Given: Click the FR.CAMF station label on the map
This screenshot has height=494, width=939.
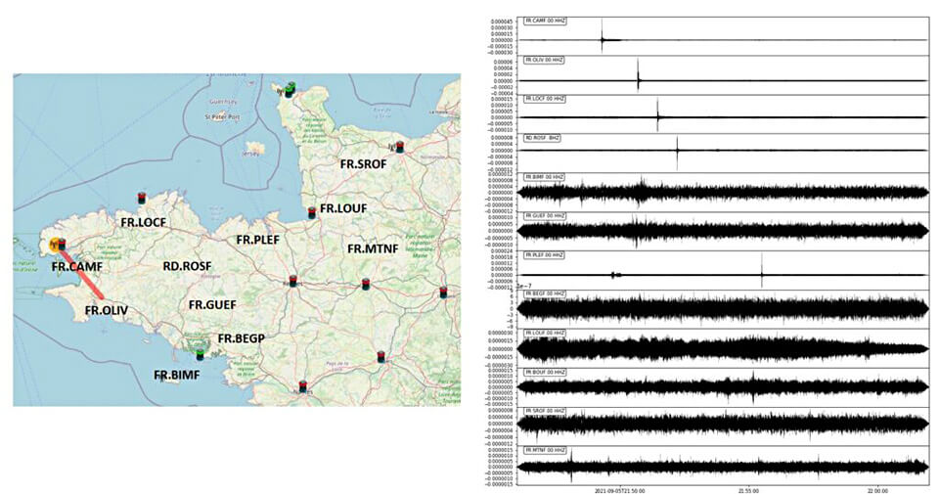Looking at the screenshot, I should [x=77, y=265].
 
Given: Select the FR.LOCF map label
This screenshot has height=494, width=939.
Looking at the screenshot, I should [x=143, y=222].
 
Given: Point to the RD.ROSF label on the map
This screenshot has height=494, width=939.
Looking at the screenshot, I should [x=187, y=266].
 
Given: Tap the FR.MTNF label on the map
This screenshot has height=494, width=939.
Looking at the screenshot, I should [x=373, y=248].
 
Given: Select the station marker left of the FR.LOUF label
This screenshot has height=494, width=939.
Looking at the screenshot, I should [x=312, y=211].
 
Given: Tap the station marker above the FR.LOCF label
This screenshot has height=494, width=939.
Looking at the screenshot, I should [x=141, y=198].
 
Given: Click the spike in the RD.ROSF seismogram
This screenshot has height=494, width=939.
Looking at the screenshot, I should [x=678, y=150].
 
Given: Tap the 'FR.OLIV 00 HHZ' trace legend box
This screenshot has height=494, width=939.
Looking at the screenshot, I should [x=546, y=60].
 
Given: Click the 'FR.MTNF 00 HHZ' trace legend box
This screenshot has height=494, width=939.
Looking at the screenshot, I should [x=546, y=449].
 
